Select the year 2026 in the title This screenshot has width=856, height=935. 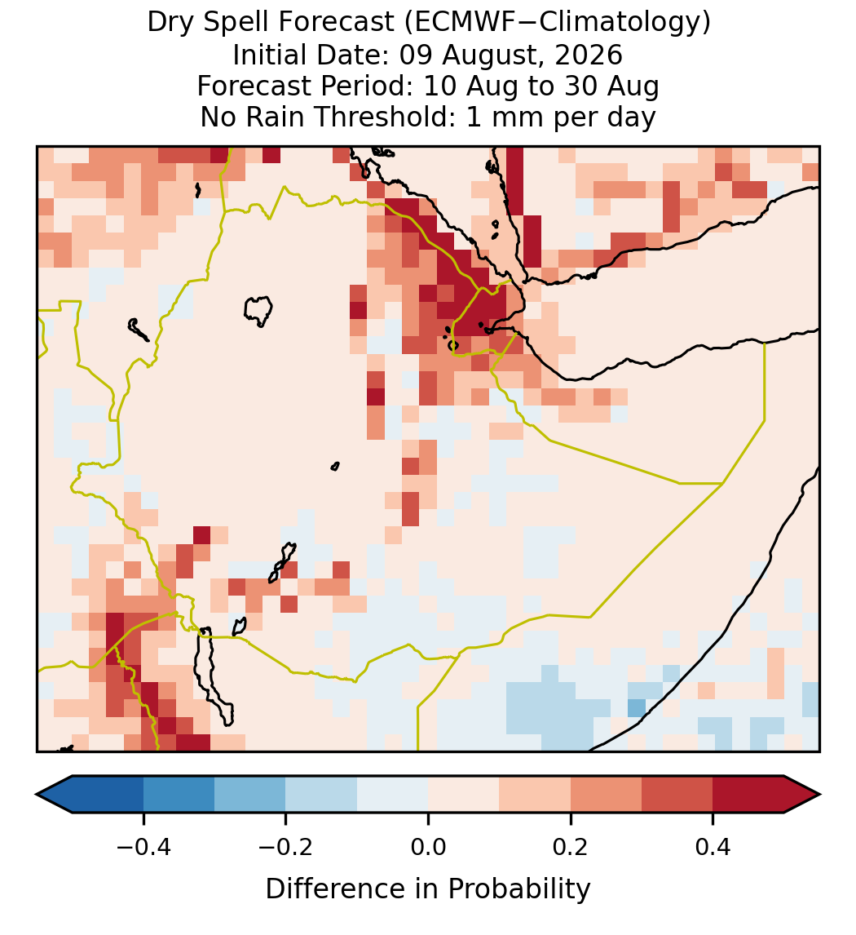pos(589,55)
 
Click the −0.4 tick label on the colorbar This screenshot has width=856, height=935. pos(143,846)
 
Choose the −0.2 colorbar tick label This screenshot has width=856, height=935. pos(286,846)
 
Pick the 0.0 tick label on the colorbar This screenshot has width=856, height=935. pos(428,846)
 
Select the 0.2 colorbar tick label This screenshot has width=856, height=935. pos(571,846)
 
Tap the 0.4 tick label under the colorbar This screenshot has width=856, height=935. pos(713,846)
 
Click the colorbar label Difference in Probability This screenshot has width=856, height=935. pos(428,889)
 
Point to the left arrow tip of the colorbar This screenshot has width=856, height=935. pos(37,795)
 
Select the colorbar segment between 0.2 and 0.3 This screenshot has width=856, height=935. pos(606,795)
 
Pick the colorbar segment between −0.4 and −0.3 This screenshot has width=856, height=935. pos(179,795)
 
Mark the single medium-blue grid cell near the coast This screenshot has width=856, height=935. pos(637,708)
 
